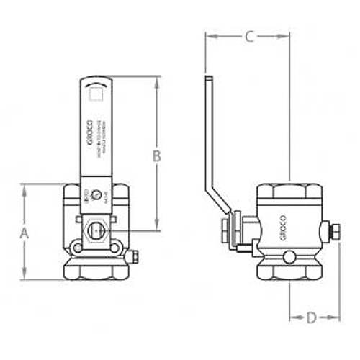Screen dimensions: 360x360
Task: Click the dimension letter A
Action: pos(24,233)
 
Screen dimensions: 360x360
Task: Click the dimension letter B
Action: pos(156,155)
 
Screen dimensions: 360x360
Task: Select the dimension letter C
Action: pos(248,37)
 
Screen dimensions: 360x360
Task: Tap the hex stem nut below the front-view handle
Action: pos(94,230)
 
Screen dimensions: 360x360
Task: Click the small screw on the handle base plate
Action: pos(98,191)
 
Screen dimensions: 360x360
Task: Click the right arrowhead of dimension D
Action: pos(337,317)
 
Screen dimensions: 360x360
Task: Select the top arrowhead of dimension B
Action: pos(156,78)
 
